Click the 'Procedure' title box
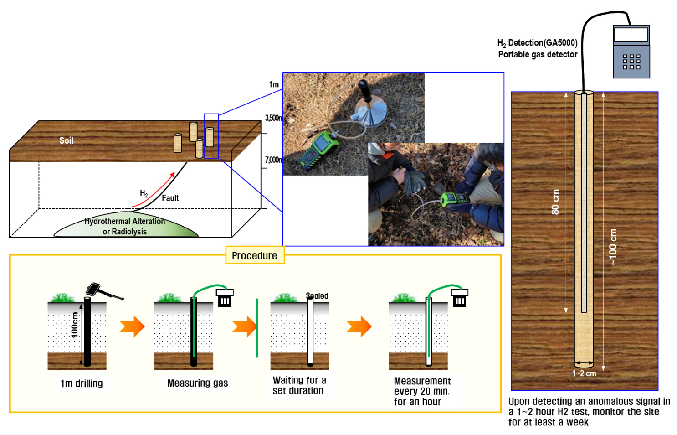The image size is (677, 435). [x=255, y=255]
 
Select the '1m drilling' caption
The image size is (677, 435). [x=82, y=383]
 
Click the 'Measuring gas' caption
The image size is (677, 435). [x=197, y=383]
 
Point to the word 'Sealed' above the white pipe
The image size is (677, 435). [x=318, y=296]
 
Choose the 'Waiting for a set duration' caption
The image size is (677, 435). [x=299, y=385]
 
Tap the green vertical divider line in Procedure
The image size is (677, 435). [x=257, y=328]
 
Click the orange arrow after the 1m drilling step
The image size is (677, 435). [x=132, y=326]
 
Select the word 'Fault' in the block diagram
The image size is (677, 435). [x=170, y=198]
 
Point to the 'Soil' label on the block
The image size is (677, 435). [x=66, y=140]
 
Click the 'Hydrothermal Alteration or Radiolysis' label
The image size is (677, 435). [x=125, y=226]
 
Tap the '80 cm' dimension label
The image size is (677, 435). [x=555, y=202]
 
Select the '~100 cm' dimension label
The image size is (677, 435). [x=613, y=247]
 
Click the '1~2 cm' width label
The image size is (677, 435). [x=584, y=373]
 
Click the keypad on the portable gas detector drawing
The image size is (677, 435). [x=631, y=61]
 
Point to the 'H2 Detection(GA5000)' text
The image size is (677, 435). [x=537, y=43]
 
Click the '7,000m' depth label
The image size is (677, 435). [x=274, y=160]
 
